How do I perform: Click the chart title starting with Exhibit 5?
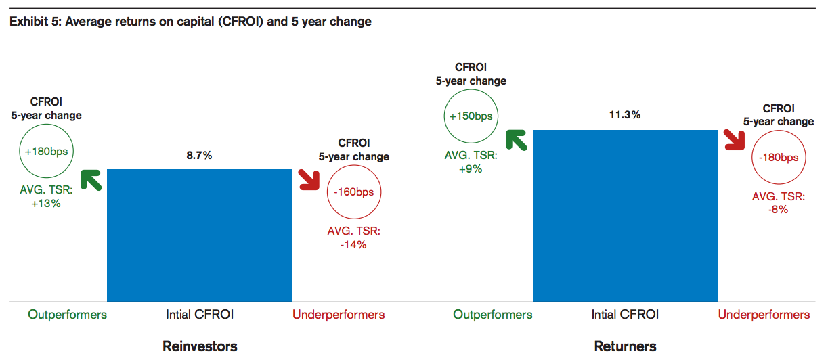(x=191, y=22)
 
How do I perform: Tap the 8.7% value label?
(x=200, y=156)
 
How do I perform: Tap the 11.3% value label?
(x=625, y=115)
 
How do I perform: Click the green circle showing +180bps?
(x=46, y=151)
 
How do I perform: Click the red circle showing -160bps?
(x=354, y=192)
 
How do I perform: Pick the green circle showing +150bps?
(x=471, y=116)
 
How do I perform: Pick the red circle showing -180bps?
(x=779, y=157)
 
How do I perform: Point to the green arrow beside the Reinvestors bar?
(x=90, y=180)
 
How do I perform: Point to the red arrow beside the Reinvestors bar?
(x=309, y=180)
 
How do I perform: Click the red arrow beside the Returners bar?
(x=735, y=140)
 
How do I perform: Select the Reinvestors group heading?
(x=200, y=346)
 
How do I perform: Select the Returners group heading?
(x=625, y=346)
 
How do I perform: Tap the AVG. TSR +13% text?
(x=46, y=196)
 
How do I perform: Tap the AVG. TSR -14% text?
(x=354, y=238)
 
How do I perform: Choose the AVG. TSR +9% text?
(x=471, y=162)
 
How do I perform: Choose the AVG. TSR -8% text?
(x=779, y=202)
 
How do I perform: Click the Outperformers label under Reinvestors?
(x=68, y=315)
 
